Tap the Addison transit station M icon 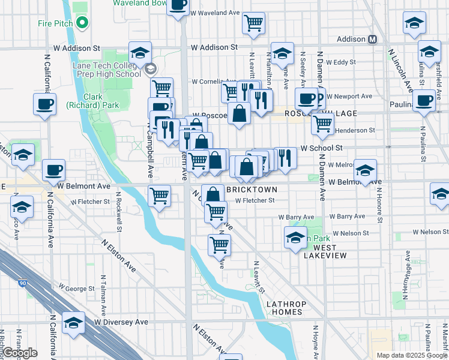point(372,40)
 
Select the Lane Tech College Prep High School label point(106,70)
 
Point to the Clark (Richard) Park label point(101,101)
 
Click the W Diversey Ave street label point(121,322)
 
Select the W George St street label point(75,289)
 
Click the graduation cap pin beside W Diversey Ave point(73,324)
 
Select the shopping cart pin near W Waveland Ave point(254,23)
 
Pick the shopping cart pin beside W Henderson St point(322,124)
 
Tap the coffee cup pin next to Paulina point(424,101)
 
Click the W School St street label point(321,148)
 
